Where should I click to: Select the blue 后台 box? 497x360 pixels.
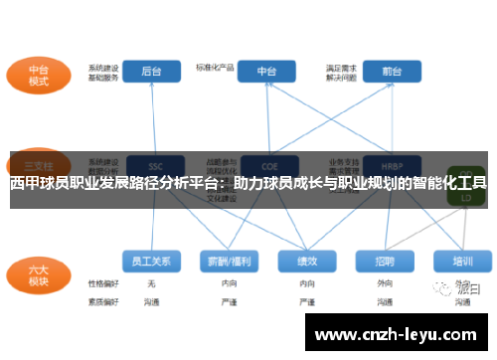coord(151,72)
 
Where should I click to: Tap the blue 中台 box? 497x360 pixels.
coord(267,72)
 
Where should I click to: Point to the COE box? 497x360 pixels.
coord(267,164)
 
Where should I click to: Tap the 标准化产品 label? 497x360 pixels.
coord(215,68)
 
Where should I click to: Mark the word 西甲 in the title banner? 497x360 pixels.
coord(24,184)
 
